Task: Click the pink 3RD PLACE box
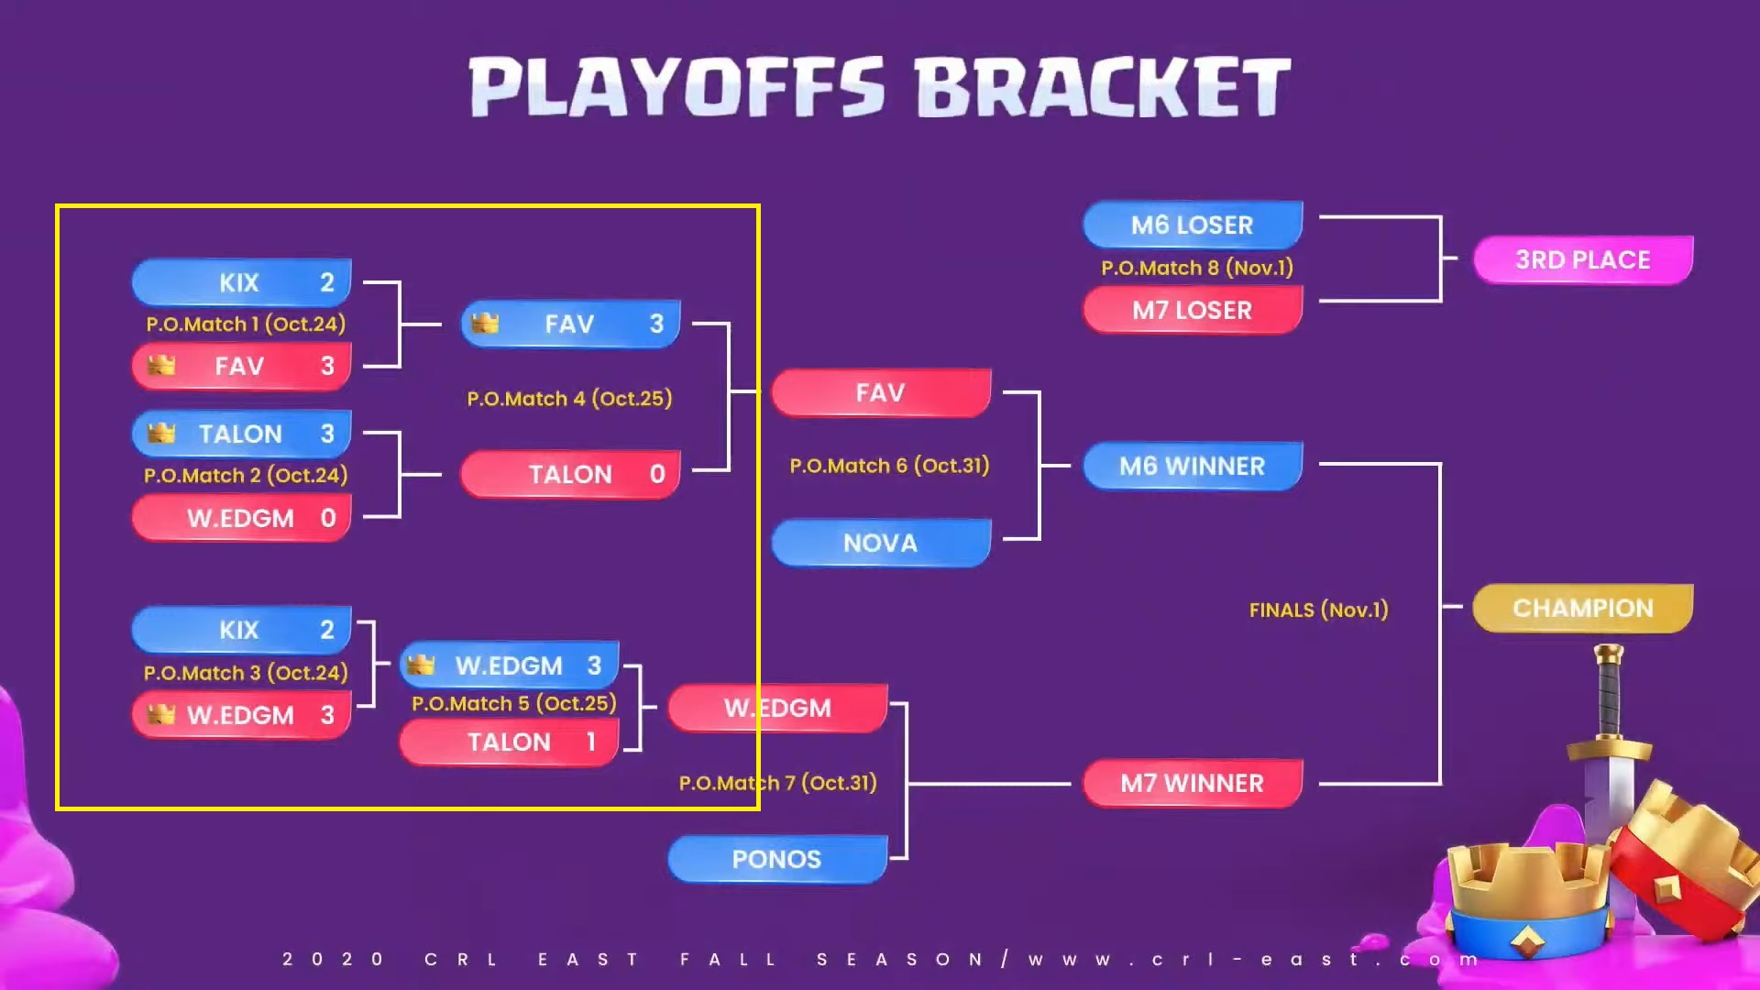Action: click(1583, 260)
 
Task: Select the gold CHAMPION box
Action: click(1583, 608)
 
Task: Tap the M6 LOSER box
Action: click(1193, 225)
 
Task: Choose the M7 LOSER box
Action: click(1193, 310)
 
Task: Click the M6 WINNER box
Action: click(1193, 466)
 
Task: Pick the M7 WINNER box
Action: click(1193, 784)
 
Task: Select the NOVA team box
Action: click(881, 543)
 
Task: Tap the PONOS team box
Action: click(777, 859)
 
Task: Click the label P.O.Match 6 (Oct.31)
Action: click(889, 466)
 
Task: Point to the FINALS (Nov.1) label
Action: click(1319, 610)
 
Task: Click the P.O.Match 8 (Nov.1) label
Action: click(1197, 268)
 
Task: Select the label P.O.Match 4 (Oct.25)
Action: click(569, 399)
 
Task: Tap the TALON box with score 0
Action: click(570, 474)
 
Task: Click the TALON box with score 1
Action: click(510, 742)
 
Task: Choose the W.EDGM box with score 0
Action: click(242, 518)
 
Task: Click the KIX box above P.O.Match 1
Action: click(242, 282)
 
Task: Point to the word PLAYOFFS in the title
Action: click(676, 88)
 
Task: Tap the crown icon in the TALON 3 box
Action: click(161, 433)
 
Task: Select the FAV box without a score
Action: click(881, 392)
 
